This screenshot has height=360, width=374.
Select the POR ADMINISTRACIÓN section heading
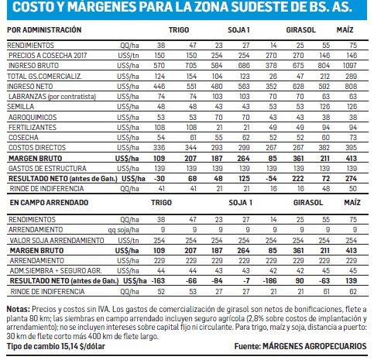pyautogui.click(x=44, y=29)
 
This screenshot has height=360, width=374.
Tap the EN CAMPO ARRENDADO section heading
pyautogui.click(x=49, y=202)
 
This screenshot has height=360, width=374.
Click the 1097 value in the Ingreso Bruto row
pyautogui.click(x=350, y=66)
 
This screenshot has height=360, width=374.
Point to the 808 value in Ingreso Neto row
pyautogui.click(x=351, y=86)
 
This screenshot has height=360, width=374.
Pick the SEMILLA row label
pyautogui.click(x=21, y=107)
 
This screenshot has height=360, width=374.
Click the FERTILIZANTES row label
pyautogui.click(x=33, y=127)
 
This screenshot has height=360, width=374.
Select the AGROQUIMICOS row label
pyautogui.click(x=33, y=117)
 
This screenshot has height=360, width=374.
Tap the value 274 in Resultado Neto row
pyautogui.click(x=351, y=178)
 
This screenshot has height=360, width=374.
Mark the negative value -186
pyautogui.click(x=269, y=280)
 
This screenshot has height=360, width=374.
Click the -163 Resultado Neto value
pyautogui.click(x=159, y=280)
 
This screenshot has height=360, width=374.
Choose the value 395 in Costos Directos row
pyautogui.click(x=351, y=148)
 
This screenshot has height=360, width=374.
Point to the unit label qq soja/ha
pyautogui.click(x=123, y=230)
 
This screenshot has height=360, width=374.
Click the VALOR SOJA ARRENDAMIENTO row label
pyautogui.click(x=57, y=240)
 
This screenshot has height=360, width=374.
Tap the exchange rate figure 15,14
pyautogui.click(x=70, y=346)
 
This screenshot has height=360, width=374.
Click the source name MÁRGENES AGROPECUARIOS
pyautogui.click(x=314, y=346)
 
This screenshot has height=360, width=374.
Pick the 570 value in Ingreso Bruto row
pyautogui.click(x=159, y=66)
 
